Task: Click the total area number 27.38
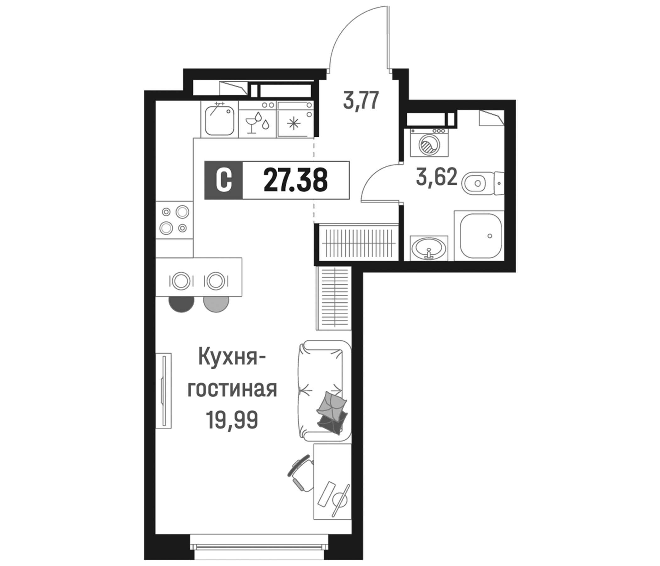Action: tap(295, 180)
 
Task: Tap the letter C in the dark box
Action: tap(223, 181)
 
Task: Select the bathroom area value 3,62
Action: tap(437, 178)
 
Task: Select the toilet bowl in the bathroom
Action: tap(475, 183)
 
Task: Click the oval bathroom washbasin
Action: tap(429, 248)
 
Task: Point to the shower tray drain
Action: tap(490, 236)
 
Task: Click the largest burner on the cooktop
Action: tap(183, 212)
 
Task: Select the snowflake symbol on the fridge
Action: tap(292, 123)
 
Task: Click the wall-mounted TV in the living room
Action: tap(164, 391)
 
